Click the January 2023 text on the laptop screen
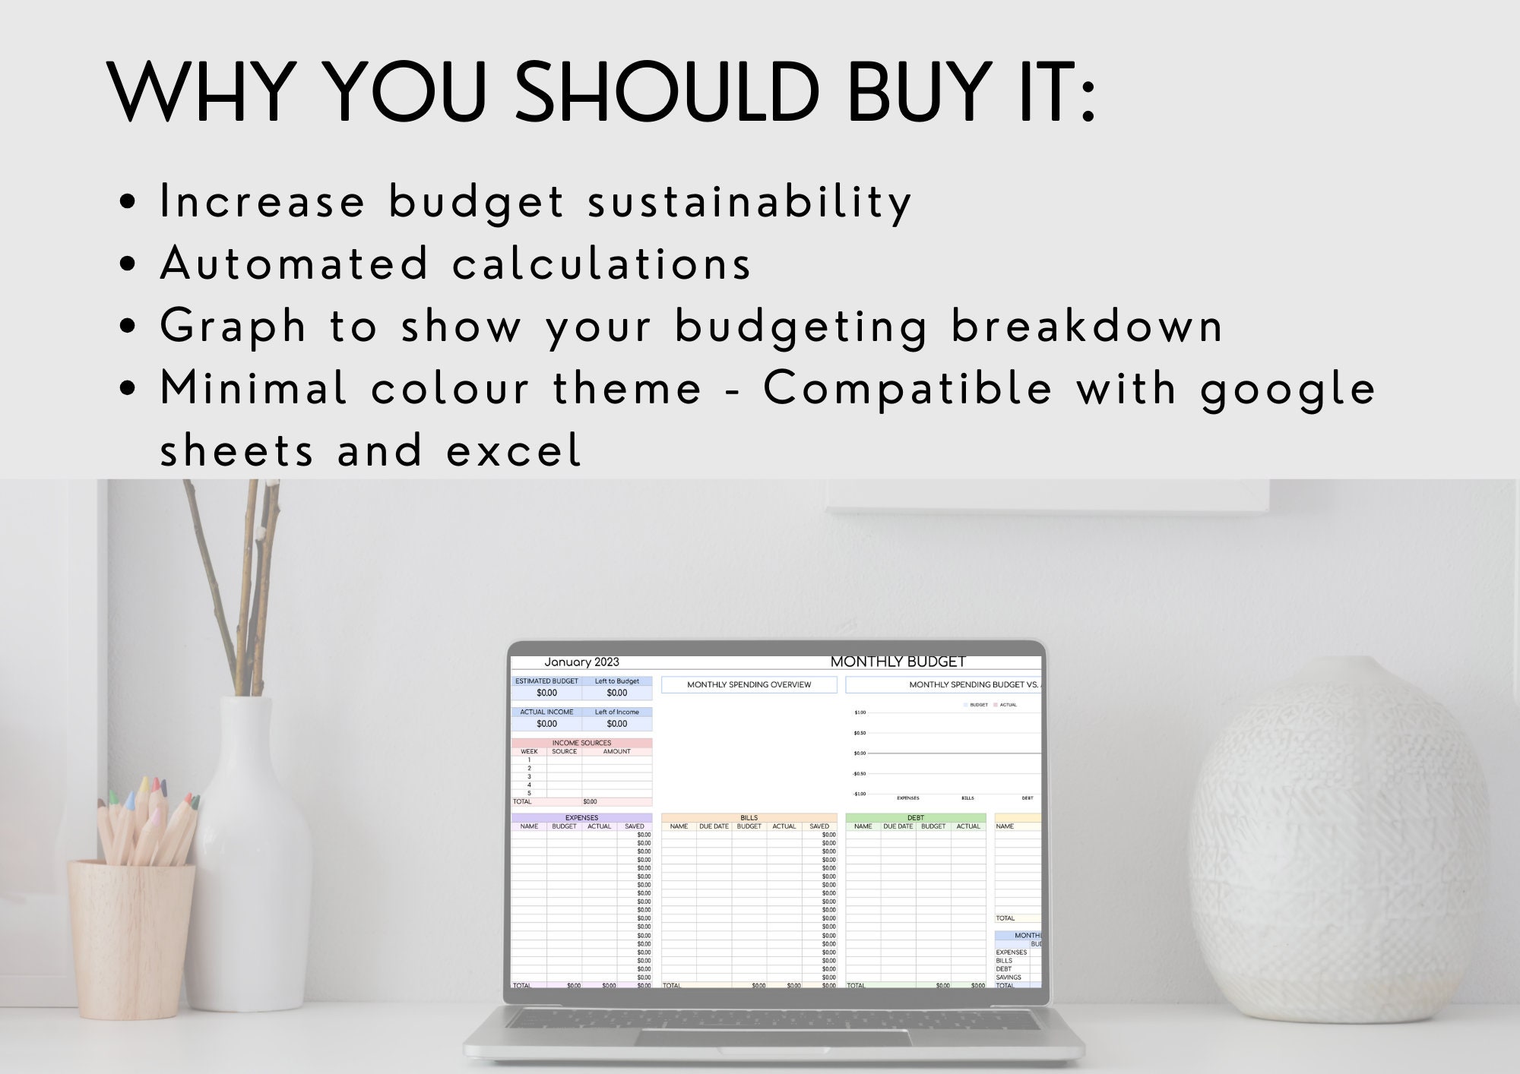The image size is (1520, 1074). tap(581, 662)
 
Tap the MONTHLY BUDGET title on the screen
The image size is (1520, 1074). tap(898, 662)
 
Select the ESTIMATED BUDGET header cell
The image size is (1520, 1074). tap(546, 681)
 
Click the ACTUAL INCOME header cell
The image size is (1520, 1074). tap(546, 712)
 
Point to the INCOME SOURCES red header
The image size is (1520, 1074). tap(581, 743)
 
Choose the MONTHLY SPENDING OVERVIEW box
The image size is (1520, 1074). tap(749, 684)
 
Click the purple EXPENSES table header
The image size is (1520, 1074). tap(581, 818)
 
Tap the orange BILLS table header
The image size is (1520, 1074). tap(749, 818)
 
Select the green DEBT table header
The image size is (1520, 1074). tap(915, 818)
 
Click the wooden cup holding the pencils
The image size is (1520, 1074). tap(131, 938)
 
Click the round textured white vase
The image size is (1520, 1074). tap(1338, 843)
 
